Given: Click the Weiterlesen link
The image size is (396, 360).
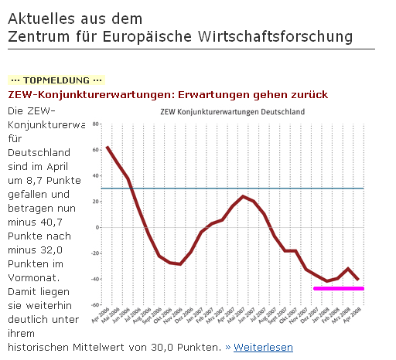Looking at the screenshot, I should click(263, 348).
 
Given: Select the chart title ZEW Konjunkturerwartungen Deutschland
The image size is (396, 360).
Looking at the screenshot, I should click(232, 111).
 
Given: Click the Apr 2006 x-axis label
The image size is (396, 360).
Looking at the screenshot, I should click(102, 317).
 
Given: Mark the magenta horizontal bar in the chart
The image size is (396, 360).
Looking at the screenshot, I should click(339, 288).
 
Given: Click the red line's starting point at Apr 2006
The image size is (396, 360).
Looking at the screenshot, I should click(107, 147).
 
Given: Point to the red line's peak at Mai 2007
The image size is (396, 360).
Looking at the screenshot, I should click(243, 196).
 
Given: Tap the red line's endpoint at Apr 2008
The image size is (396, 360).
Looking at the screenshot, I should click(358, 280).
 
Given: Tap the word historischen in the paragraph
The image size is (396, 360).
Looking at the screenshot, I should click(41, 348).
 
